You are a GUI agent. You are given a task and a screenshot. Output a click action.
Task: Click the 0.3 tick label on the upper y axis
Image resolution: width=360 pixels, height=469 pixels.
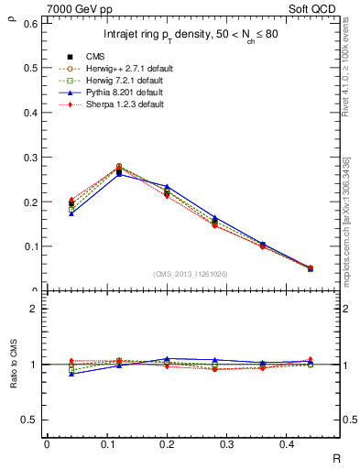click(31, 157)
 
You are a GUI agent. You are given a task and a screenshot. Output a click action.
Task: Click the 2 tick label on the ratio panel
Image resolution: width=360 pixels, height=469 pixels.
click(34, 309)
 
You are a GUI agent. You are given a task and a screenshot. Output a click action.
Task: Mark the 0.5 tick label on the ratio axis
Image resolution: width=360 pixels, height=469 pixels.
click(31, 420)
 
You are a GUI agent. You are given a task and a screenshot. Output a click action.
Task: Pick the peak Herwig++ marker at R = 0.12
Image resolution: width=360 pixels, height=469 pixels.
click(119, 167)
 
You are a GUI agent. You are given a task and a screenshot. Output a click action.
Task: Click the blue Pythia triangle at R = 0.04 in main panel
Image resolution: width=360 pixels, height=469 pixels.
click(71, 213)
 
